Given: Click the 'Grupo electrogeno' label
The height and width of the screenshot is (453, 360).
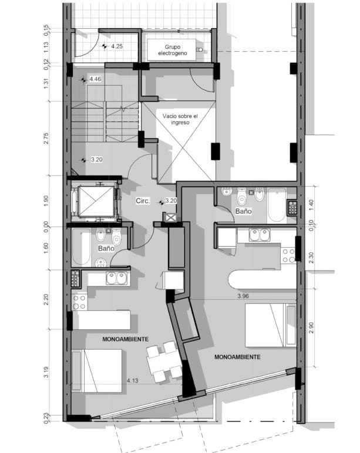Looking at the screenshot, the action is point(172,50).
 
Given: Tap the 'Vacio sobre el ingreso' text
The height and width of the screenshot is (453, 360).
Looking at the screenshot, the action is point(180,119).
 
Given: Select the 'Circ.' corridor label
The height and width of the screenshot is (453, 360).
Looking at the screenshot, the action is point(143,201).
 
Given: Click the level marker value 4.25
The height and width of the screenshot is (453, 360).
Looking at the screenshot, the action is point(117,46).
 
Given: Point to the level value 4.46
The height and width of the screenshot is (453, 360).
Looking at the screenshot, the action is point(95,79).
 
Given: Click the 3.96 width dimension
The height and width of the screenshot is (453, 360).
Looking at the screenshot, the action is point(243,296).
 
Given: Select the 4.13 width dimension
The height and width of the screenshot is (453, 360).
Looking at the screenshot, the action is point(133,381).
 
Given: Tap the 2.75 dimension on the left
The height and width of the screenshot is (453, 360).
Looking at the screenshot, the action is point(46,138).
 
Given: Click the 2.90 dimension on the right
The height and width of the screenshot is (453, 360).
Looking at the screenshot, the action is point(311,327).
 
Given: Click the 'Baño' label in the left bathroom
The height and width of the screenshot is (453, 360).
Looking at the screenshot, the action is point(106,248).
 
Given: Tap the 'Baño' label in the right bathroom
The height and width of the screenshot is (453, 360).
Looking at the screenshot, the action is point(244,211).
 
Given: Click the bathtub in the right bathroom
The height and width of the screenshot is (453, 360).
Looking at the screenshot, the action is point(277,205).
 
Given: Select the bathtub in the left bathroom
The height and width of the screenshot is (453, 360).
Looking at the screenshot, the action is point(81,247).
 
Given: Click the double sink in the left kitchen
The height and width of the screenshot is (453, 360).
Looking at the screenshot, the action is point(117,279).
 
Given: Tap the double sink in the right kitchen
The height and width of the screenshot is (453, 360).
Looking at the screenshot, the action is point(260,235).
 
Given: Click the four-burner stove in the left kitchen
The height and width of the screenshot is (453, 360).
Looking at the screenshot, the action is point(79,302).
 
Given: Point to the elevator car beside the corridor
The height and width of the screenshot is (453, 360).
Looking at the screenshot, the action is point(96,201).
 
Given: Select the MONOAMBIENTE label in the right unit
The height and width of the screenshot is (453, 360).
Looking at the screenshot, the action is point(237,357).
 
